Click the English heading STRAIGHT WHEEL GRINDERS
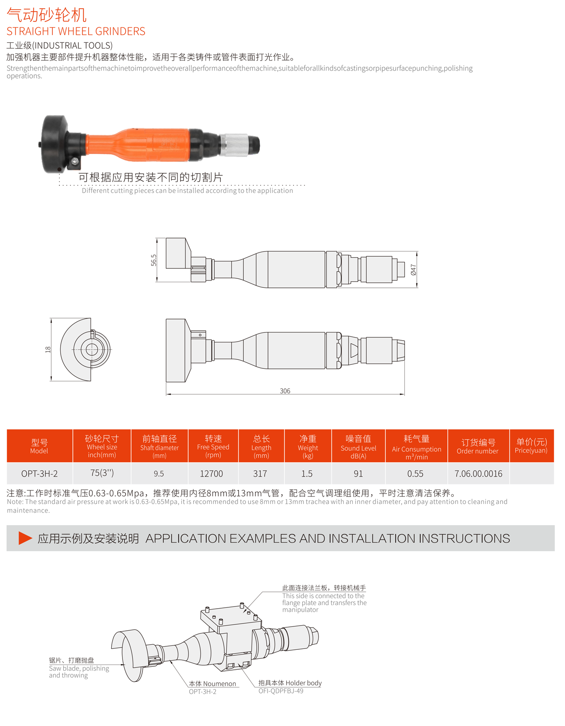pyautogui.click(x=76, y=31)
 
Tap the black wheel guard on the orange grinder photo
pyautogui.click(x=55, y=144)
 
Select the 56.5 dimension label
pyautogui.click(x=154, y=260)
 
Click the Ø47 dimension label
pyautogui.click(x=413, y=270)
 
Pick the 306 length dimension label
pyautogui.click(x=285, y=391)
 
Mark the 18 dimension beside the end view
pyautogui.click(x=48, y=349)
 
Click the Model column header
pyautogui.click(x=39, y=446)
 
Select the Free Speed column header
pyautogui.click(x=213, y=446)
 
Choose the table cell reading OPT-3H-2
pyautogui.click(x=39, y=474)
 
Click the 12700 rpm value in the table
pyautogui.click(x=211, y=474)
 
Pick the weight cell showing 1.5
pyautogui.click(x=307, y=474)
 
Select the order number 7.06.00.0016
pyautogui.click(x=478, y=474)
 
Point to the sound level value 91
pyautogui.click(x=358, y=474)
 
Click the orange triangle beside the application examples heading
pyautogui.click(x=25, y=538)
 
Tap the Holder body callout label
pyautogui.click(x=290, y=683)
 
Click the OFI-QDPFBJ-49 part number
pyautogui.click(x=281, y=691)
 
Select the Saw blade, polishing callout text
pyautogui.click(x=79, y=668)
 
